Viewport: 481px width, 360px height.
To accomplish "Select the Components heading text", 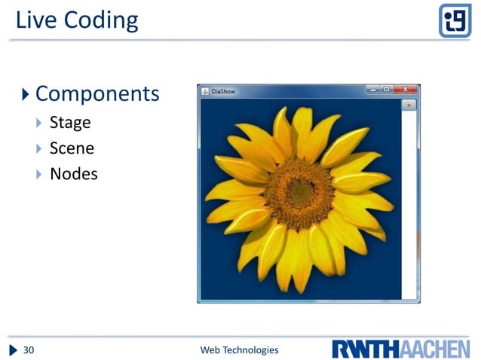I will tap(97, 94).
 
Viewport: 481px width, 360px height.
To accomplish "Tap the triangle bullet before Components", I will tap(26, 94).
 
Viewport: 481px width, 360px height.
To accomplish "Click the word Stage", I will tap(70, 123).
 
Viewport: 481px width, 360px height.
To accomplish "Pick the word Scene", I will tap(72, 148).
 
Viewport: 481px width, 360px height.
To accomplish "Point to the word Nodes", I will tap(73, 174).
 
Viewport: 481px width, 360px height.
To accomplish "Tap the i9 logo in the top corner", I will tap(455, 20).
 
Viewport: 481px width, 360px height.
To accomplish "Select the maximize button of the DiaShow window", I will tap(386, 90).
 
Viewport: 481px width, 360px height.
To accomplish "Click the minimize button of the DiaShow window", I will tap(372, 90).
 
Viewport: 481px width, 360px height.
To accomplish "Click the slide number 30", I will tap(29, 349).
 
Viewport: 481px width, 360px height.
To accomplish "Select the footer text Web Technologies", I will tap(239, 349).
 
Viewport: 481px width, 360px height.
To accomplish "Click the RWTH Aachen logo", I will tap(400, 349).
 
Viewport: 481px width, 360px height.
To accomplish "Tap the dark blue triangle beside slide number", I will tap(14, 349).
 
